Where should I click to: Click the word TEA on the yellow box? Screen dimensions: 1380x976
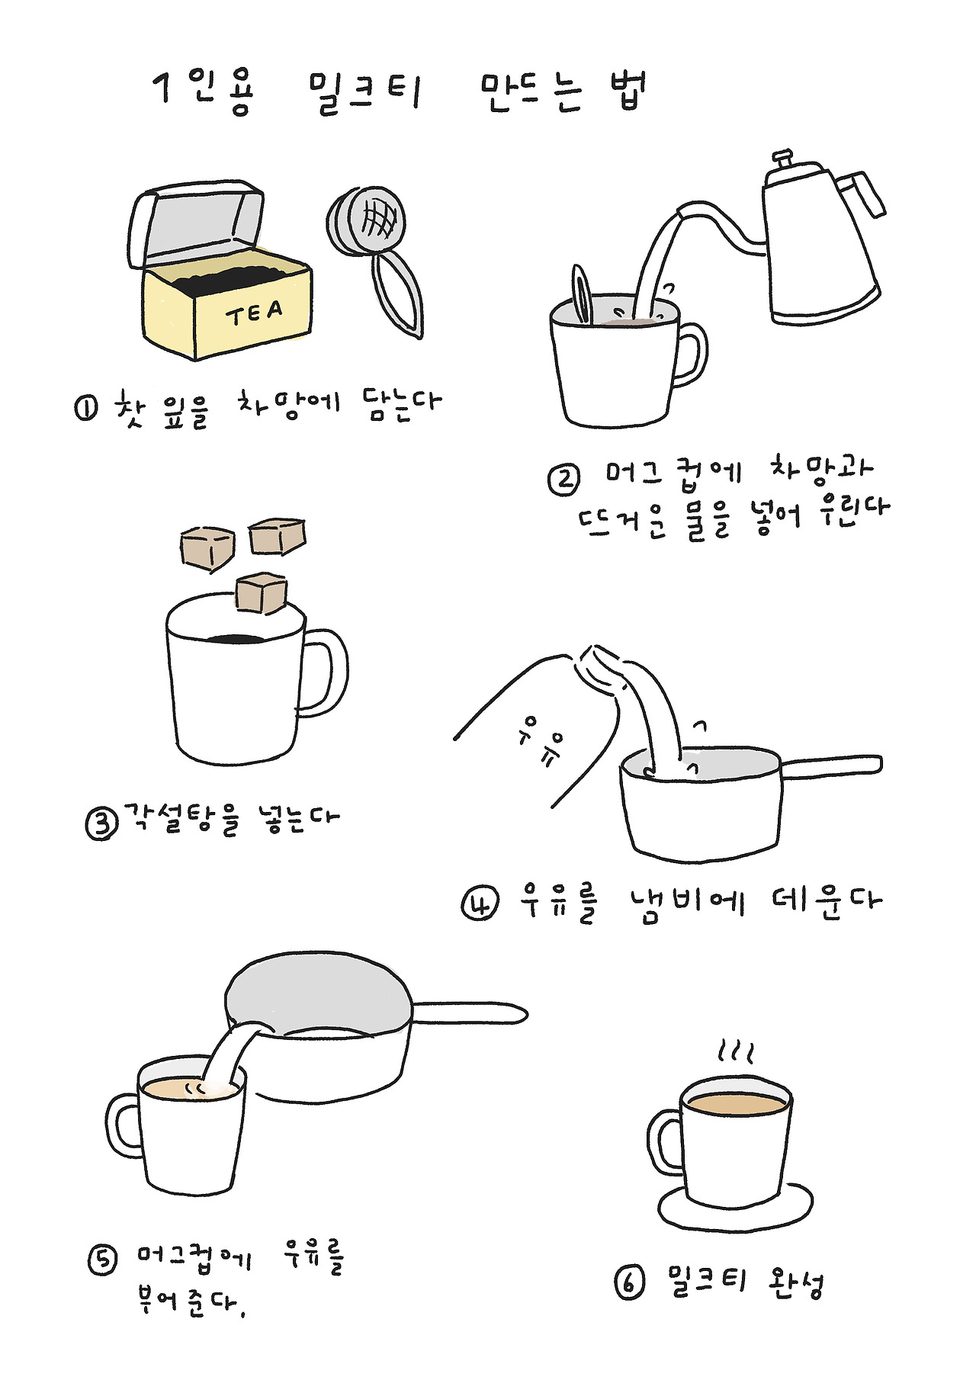(254, 313)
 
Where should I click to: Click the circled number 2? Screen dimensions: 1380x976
(563, 479)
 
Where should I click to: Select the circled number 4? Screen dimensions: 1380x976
(480, 903)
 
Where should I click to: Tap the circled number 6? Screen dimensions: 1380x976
(630, 1282)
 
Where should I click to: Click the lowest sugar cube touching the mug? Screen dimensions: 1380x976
(261, 592)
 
